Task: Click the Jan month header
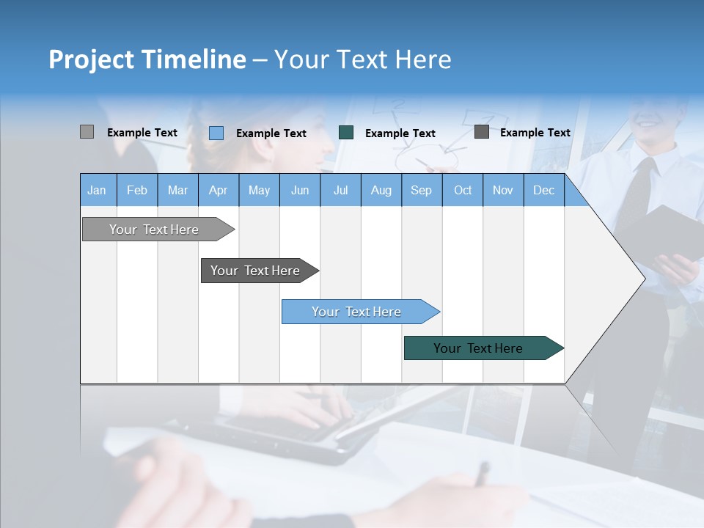click(97, 190)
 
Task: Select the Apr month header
click(218, 190)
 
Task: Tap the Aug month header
click(381, 190)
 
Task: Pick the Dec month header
click(543, 190)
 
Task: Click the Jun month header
click(299, 190)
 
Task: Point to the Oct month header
click(463, 190)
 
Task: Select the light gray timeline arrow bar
click(154, 230)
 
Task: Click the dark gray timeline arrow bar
click(255, 271)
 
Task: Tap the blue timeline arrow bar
click(356, 312)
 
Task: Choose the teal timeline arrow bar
click(478, 348)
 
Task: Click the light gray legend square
click(87, 132)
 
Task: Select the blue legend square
click(216, 133)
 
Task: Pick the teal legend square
click(346, 133)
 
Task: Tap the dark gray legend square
click(481, 132)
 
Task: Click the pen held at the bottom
click(481, 474)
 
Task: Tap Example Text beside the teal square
click(400, 133)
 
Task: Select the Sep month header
click(421, 190)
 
